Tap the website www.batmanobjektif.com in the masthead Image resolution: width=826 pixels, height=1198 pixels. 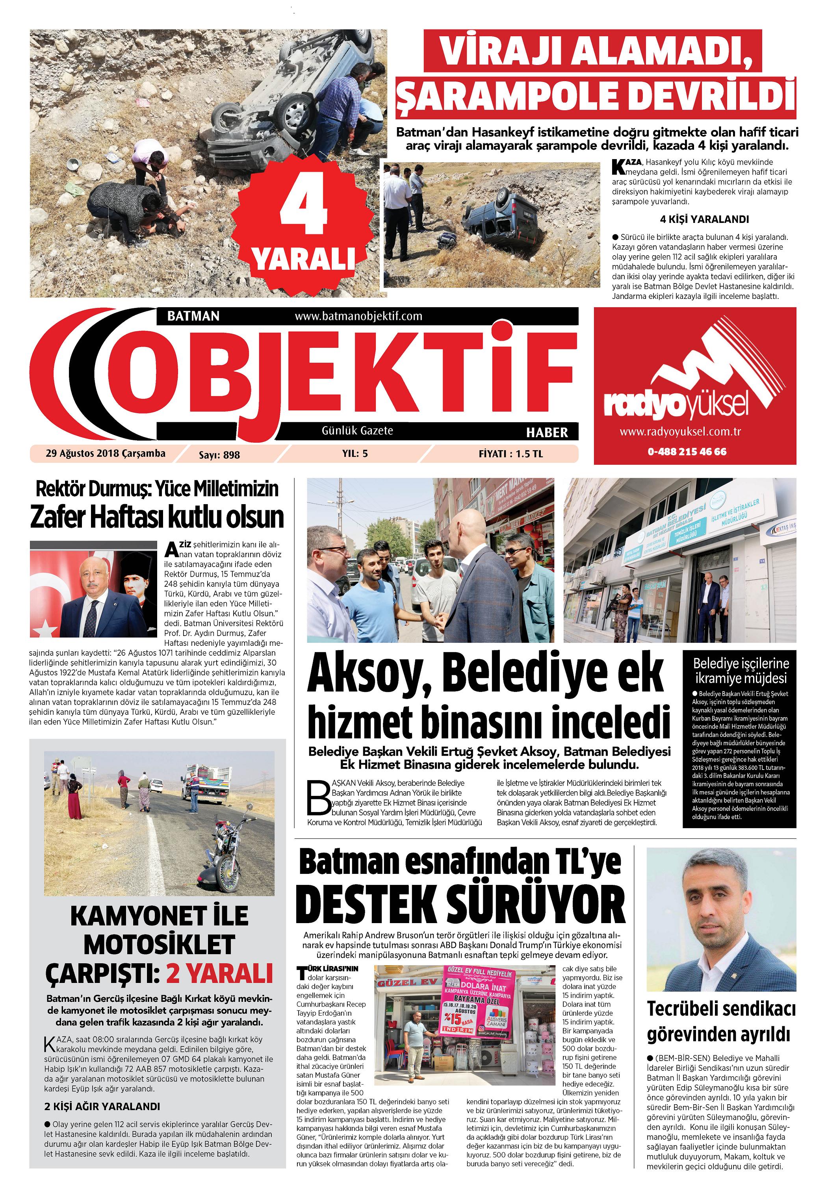[358, 316]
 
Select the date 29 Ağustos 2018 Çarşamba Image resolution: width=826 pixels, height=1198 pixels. [106, 454]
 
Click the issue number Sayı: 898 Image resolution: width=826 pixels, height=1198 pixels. [219, 455]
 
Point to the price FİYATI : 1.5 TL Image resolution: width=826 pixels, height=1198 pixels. [510, 454]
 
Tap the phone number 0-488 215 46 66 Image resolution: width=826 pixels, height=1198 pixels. [686, 451]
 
